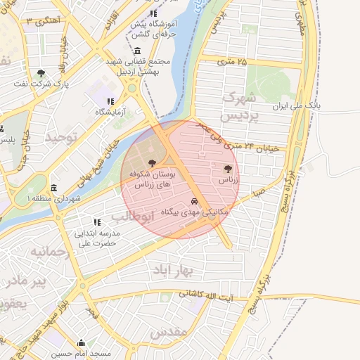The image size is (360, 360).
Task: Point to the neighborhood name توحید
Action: [x=60, y=138]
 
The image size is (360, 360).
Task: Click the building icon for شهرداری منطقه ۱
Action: [x=55, y=188]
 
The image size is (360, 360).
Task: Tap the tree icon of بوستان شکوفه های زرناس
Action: [x=153, y=162]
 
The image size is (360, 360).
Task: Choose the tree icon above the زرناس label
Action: [x=227, y=169]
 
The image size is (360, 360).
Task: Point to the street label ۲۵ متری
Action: [x=233, y=62]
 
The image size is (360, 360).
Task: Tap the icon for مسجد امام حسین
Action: [x=82, y=342]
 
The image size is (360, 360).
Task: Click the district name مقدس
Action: [x=168, y=331]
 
